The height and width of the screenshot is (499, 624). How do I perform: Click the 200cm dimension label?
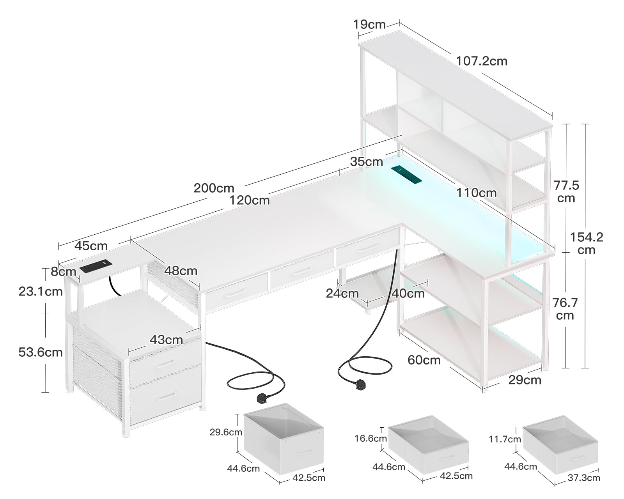(214, 188)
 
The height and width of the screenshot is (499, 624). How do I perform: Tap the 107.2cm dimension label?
(482, 61)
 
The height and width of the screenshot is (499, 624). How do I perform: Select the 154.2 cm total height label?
(587, 243)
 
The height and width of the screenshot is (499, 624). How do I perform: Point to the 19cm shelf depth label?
(369, 25)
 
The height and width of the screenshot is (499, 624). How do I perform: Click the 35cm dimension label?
(366, 161)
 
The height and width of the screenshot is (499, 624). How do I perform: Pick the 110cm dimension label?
(476, 193)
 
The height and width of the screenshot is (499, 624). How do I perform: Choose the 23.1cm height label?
(41, 291)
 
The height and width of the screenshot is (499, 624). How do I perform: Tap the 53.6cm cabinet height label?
(41, 352)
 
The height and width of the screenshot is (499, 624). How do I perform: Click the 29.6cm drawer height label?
(226, 432)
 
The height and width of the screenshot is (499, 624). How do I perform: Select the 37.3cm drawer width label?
(583, 478)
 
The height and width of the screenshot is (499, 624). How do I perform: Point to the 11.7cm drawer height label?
(505, 439)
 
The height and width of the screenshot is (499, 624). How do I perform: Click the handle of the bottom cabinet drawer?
(165, 396)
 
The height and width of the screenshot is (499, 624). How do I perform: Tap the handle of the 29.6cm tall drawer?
(304, 453)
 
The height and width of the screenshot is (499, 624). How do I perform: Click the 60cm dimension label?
(424, 360)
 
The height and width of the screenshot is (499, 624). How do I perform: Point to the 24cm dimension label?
(342, 293)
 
